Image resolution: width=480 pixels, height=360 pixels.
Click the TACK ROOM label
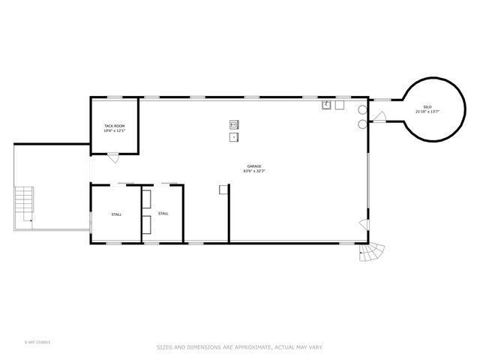(x=114, y=125)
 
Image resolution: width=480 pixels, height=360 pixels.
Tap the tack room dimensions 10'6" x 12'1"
(x=114, y=130)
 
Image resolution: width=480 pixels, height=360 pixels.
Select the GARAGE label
(x=254, y=166)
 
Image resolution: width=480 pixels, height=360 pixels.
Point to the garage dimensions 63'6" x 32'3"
(x=254, y=171)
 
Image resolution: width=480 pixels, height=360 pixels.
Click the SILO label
(x=427, y=106)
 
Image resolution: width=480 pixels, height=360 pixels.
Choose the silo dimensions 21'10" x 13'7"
(x=427, y=112)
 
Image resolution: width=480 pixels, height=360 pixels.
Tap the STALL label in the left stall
(x=116, y=214)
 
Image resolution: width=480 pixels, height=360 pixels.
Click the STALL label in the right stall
(x=163, y=213)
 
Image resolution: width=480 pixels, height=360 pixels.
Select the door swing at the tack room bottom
(x=112, y=157)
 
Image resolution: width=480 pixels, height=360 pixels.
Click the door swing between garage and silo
(x=379, y=116)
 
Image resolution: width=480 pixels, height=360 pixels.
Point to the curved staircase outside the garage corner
(x=372, y=252)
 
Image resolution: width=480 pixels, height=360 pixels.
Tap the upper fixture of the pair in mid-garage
(x=233, y=124)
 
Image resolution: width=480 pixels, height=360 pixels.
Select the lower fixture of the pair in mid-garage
(x=233, y=137)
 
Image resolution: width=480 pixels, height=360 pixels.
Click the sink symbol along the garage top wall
(x=327, y=106)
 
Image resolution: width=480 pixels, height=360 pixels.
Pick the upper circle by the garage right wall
(x=363, y=109)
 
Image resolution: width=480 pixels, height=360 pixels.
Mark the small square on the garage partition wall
(x=223, y=190)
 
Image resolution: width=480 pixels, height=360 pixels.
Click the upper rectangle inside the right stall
(x=146, y=199)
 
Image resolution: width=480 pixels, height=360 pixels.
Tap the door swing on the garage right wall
(x=364, y=224)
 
